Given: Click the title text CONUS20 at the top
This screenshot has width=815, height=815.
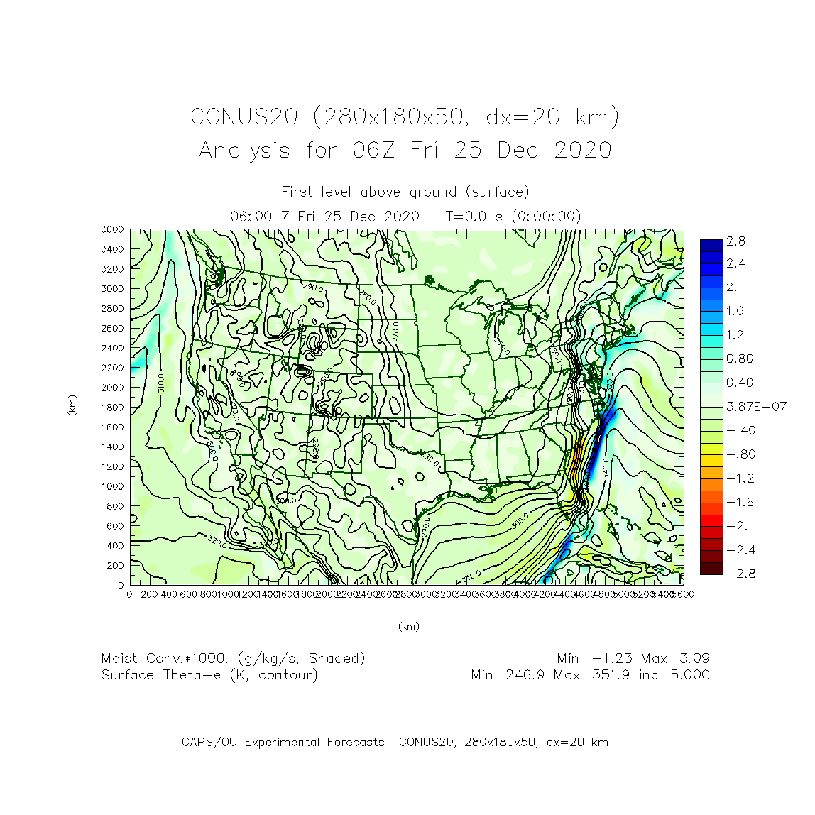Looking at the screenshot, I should tap(244, 116).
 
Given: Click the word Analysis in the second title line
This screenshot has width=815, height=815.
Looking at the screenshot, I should tap(244, 151).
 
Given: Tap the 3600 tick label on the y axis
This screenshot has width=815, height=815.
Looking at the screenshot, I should tap(112, 229).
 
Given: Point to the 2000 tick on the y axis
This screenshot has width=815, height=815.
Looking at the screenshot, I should tap(112, 388).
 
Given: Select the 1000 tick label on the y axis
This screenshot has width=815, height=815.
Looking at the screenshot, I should tap(112, 486).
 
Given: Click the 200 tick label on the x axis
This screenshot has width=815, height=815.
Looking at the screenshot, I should tap(149, 594).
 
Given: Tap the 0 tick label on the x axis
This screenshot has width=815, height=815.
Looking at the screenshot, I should tap(129, 594).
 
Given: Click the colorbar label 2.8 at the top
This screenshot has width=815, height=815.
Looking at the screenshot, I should tap(735, 241).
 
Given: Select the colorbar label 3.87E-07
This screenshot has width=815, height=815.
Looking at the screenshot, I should tap(756, 407).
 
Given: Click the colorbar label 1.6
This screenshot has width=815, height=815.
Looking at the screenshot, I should tap(735, 311).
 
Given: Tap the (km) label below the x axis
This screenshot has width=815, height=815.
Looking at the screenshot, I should tap(408, 626).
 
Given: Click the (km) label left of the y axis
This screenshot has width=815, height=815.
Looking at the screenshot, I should tap(72, 405).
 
